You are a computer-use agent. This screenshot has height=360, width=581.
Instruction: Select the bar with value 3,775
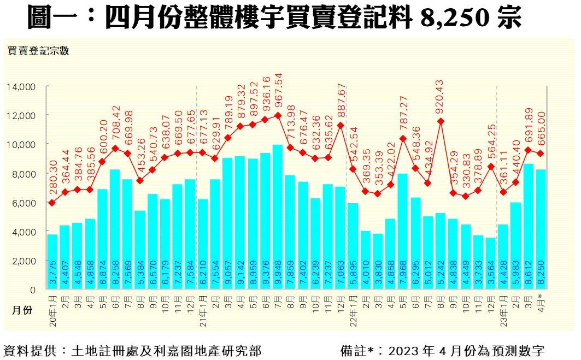52,262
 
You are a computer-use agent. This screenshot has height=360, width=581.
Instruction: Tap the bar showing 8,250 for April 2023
542,229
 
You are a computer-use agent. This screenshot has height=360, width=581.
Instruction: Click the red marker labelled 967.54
278,115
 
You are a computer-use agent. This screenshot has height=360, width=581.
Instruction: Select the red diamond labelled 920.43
441,121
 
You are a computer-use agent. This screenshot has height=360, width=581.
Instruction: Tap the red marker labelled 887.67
340,125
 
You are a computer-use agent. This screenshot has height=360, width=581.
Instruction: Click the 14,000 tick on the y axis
21,86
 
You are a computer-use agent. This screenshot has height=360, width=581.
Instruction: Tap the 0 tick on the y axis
32,290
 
